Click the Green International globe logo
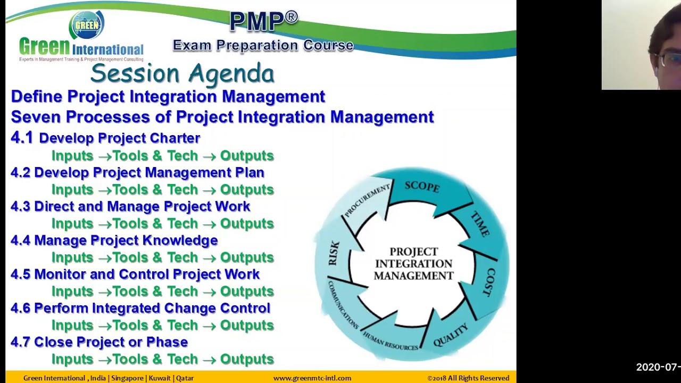[x=87, y=24]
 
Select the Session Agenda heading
[x=182, y=73]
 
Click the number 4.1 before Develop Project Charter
[x=22, y=138]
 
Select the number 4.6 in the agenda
[x=21, y=309]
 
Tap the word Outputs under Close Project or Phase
[x=247, y=360]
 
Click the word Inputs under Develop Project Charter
[x=72, y=156]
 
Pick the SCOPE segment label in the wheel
[x=422, y=186]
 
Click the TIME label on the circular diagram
[x=480, y=224]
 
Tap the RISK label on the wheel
[x=334, y=253]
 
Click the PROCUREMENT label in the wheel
[x=367, y=200]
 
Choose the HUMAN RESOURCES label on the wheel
[x=390, y=341]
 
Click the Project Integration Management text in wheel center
[x=413, y=264]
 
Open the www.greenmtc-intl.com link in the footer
[x=312, y=378]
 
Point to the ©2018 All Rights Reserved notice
[x=468, y=378]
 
